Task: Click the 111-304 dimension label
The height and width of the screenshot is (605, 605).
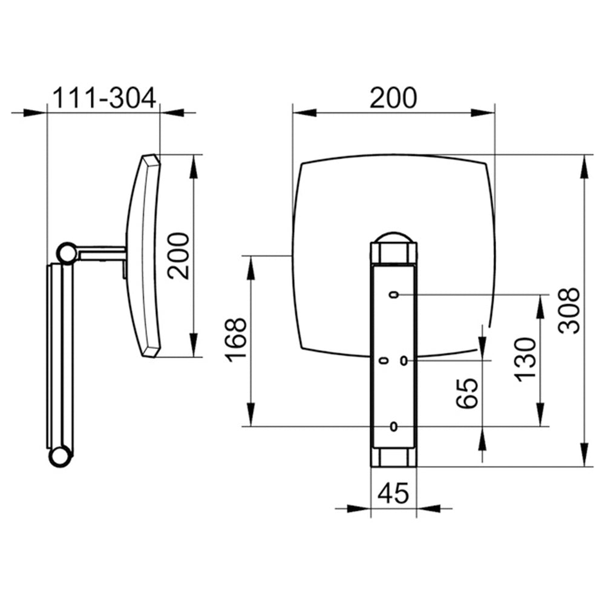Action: pyautogui.click(x=104, y=98)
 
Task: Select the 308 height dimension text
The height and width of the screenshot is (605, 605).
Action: pyautogui.click(x=569, y=310)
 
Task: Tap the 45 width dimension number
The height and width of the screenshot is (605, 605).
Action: pyautogui.click(x=393, y=493)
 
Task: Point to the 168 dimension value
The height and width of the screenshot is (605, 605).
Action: pyautogui.click(x=236, y=340)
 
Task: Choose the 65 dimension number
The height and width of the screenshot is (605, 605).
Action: pyautogui.click(x=467, y=393)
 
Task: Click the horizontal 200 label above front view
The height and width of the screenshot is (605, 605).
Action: pyautogui.click(x=393, y=98)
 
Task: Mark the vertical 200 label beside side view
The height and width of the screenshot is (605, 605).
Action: pyautogui.click(x=178, y=256)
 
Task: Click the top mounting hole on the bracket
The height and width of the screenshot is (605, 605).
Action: pyautogui.click(x=394, y=295)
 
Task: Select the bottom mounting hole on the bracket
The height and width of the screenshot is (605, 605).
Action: pyautogui.click(x=394, y=427)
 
